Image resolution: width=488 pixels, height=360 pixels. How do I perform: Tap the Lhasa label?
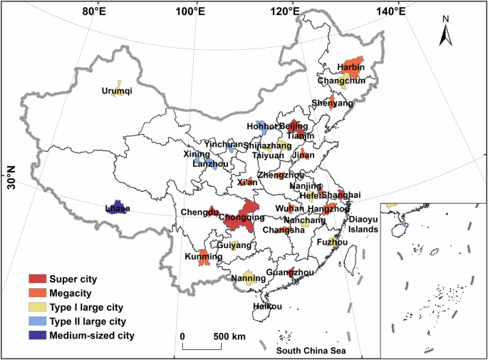tap(118, 209)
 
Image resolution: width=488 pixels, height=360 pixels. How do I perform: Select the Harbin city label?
tap(351, 68)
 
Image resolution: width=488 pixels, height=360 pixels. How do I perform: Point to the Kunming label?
tap(199, 256)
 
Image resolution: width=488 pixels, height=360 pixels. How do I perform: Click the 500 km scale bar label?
tap(229, 336)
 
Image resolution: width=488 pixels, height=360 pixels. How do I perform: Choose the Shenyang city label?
tap(332, 103)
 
